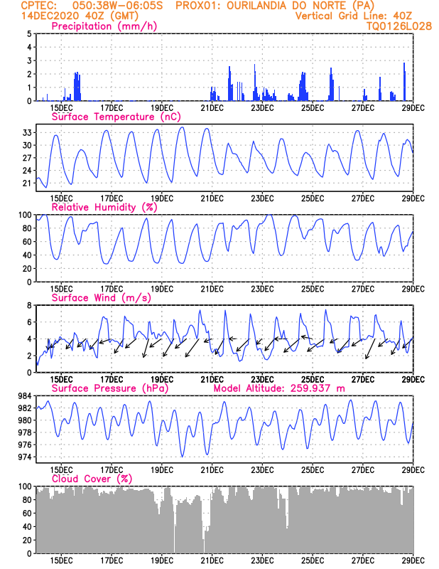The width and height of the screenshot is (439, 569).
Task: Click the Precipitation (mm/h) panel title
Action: click(x=104, y=26)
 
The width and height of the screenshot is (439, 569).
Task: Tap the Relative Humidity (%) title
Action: click(x=103, y=208)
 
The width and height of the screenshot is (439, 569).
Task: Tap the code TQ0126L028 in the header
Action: click(x=389, y=26)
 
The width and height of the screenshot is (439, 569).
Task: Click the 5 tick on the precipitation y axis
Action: click(x=29, y=33)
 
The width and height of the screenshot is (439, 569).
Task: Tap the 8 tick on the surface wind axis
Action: click(x=29, y=305)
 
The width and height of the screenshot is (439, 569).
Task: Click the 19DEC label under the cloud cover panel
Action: click(x=162, y=560)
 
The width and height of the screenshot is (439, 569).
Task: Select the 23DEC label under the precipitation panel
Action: click(x=262, y=107)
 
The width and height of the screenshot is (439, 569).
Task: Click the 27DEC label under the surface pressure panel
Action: click(x=363, y=469)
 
